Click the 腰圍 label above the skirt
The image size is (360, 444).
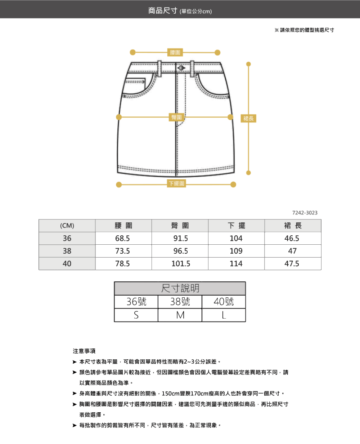coord(175,53)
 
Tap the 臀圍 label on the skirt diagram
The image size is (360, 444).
coord(176,117)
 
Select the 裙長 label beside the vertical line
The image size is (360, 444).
coord(248,118)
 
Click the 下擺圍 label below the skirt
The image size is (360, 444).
coord(176,184)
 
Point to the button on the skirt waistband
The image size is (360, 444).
coord(180,68)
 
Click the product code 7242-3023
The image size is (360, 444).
coord(305,213)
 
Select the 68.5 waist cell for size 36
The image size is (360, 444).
coord(123,239)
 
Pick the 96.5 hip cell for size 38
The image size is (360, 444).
coord(180,251)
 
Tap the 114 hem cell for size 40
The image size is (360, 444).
coord(236,264)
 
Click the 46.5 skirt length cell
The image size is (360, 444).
coord(292,239)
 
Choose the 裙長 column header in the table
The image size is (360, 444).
coord(293,226)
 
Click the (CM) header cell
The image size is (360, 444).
coord(67,226)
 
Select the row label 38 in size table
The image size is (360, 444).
coord(67,251)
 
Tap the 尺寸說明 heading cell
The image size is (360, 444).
coord(180,288)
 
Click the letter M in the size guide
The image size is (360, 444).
coord(180,315)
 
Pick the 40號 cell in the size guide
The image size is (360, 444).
coord(224,302)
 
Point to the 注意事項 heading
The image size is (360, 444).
coord(84,351)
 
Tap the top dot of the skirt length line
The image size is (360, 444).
coord(248,65)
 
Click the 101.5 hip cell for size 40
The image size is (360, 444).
coord(180,264)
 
